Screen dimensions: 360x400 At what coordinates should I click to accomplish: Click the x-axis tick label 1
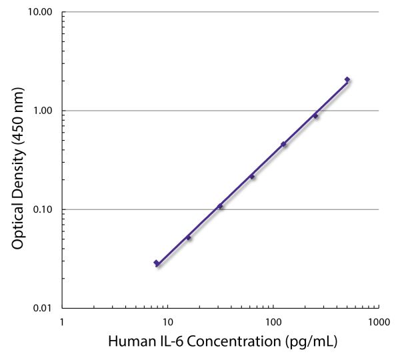click(x=62, y=321)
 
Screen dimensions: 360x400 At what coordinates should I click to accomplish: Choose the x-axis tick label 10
click(x=167, y=321)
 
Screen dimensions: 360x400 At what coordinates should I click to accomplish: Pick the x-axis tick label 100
click(x=273, y=321)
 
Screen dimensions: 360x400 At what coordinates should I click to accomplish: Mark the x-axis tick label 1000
click(x=378, y=321)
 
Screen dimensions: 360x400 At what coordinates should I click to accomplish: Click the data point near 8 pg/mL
click(x=156, y=263)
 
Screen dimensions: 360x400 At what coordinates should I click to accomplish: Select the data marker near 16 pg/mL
click(x=188, y=237)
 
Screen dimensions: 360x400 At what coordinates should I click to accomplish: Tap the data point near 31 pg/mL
click(x=220, y=206)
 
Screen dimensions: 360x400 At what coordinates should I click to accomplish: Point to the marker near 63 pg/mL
click(x=252, y=177)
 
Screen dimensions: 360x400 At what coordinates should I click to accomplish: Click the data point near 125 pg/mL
click(x=283, y=144)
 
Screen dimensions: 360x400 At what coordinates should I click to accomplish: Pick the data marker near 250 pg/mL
click(x=315, y=116)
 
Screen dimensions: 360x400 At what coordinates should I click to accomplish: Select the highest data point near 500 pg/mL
click(x=347, y=79)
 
